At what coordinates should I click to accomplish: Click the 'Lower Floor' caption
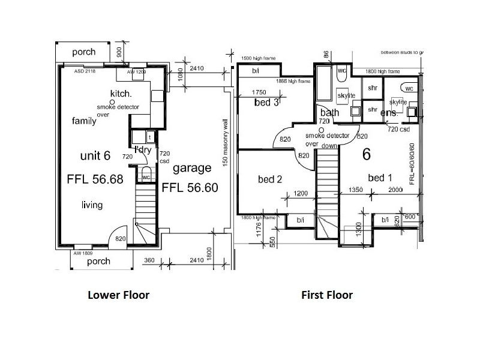[118, 295]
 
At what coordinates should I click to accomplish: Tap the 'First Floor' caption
[327, 295]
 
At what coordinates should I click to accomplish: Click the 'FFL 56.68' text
[95, 179]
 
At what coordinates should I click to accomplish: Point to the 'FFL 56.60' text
[190, 187]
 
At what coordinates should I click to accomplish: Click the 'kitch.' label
[121, 94]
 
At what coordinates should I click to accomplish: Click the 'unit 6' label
[95, 156]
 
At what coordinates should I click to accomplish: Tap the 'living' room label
[92, 205]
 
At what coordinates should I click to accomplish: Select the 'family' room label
[85, 121]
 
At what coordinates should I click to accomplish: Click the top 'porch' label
[83, 52]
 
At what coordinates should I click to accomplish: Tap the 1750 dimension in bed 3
[259, 92]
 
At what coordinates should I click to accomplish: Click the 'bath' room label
[329, 113]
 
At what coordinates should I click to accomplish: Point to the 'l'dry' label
[142, 149]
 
